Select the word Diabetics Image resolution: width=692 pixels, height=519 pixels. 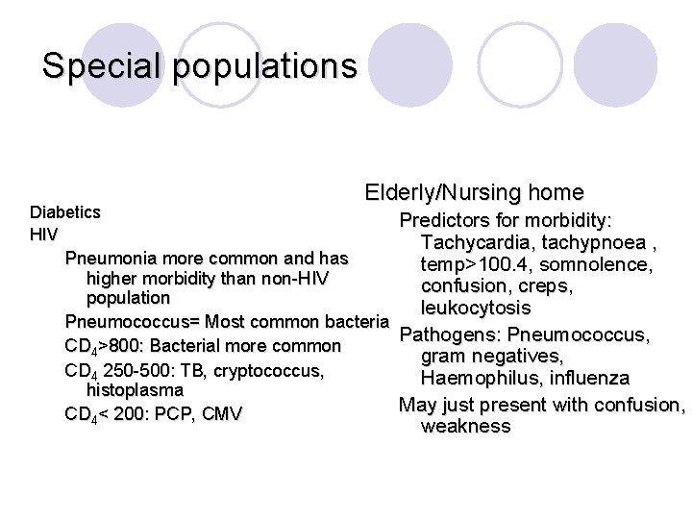point(65,210)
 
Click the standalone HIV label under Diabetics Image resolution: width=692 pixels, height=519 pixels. point(44,235)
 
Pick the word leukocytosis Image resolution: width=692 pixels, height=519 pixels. point(476,309)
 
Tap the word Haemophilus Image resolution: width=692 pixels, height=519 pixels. point(477,378)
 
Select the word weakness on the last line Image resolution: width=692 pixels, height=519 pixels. point(466,426)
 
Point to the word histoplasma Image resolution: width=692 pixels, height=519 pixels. point(135,390)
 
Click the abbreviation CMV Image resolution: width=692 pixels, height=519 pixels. point(222,414)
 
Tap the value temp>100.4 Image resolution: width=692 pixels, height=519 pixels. point(476,264)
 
